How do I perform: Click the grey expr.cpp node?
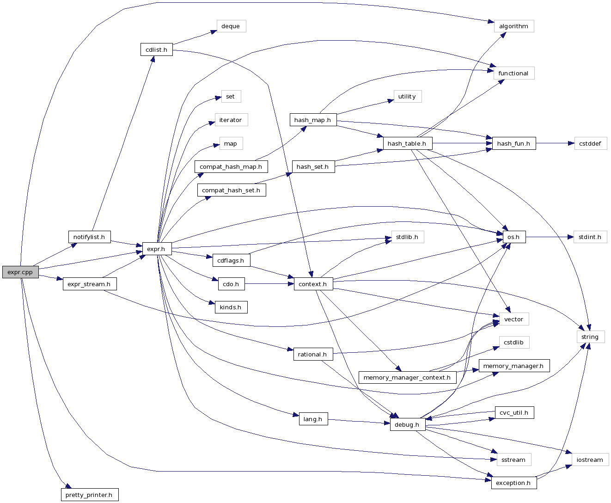coord(20,272)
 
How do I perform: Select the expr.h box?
coord(156,249)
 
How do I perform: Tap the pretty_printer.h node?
coord(89,495)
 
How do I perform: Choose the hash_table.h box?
coord(407,143)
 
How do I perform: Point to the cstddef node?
coord(590,143)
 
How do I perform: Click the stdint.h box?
coord(590,237)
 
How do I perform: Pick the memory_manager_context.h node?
coord(407,377)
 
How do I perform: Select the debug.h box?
coord(407,424)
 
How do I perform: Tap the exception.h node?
coord(513,483)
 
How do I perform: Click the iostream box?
coord(590,460)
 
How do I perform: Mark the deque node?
coord(231,26)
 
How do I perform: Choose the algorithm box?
coord(513,26)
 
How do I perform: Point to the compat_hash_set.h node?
coord(231,190)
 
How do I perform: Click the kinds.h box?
coord(231,307)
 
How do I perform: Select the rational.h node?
coord(313,354)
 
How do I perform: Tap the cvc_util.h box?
coord(513,412)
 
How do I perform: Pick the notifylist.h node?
coord(89,237)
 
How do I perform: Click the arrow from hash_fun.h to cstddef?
coord(555,143)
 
